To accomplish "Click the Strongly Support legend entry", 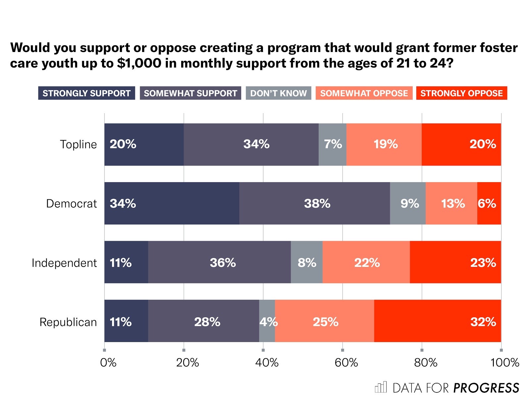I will [x=86, y=93].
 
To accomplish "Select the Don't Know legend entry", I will [x=278, y=93].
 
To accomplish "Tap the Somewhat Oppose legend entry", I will [x=364, y=93].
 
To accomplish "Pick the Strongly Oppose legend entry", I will [x=461, y=93].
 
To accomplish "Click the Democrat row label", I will [x=71, y=203].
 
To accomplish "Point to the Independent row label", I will [x=64, y=263].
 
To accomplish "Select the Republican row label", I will [x=68, y=322].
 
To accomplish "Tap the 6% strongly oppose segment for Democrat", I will [x=489, y=203].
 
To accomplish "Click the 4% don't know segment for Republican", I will [x=267, y=321].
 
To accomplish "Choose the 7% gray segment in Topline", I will [x=332, y=144].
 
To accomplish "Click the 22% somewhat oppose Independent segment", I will [x=366, y=262].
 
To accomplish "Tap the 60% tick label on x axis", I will [x=346, y=363].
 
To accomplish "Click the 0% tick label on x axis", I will [x=108, y=363].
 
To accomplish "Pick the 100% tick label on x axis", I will [x=504, y=363].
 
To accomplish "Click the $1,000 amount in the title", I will [x=139, y=63].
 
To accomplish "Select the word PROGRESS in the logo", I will [x=486, y=388].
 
